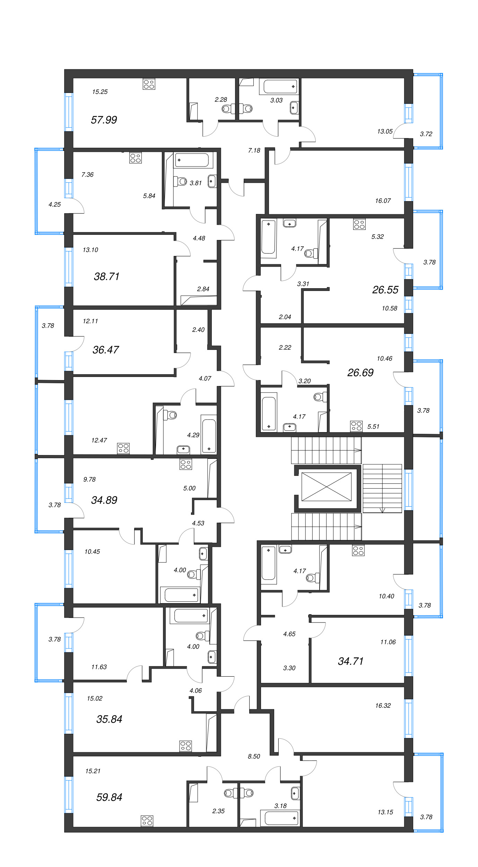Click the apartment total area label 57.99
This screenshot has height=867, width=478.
(104, 120)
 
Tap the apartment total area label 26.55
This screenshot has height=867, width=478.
(385, 290)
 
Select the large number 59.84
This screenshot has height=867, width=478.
(109, 797)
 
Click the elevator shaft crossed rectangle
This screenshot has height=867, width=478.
(326, 487)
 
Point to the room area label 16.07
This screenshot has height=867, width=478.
(383, 201)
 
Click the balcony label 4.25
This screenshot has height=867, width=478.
(54, 205)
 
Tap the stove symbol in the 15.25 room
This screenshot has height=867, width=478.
(149, 84)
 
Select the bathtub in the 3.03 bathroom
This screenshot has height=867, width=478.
(280, 86)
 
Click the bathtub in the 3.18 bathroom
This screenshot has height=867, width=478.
(281, 818)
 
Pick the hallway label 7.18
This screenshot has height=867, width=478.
(254, 151)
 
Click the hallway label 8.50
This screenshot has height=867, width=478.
(254, 756)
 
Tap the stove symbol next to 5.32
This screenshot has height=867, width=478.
(359, 224)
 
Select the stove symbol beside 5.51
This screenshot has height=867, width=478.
(356, 426)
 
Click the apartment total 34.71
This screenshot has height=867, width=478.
(350, 661)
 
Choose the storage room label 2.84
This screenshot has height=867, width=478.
(203, 289)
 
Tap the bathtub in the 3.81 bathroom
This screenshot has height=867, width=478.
(192, 160)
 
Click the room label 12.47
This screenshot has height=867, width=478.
(99, 440)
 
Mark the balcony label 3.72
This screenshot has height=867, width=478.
(426, 134)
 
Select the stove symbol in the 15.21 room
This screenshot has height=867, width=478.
(147, 821)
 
